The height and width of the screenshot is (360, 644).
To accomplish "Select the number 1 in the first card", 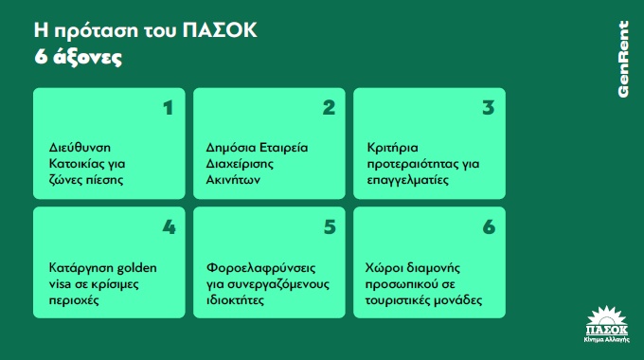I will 168,107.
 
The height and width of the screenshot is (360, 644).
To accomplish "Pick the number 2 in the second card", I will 329,107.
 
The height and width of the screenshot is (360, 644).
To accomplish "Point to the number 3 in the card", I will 489,107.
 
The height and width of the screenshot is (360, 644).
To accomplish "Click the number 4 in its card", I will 169,227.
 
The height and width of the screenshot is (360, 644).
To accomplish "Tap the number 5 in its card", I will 329,227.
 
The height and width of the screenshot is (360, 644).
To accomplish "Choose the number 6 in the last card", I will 489,227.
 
